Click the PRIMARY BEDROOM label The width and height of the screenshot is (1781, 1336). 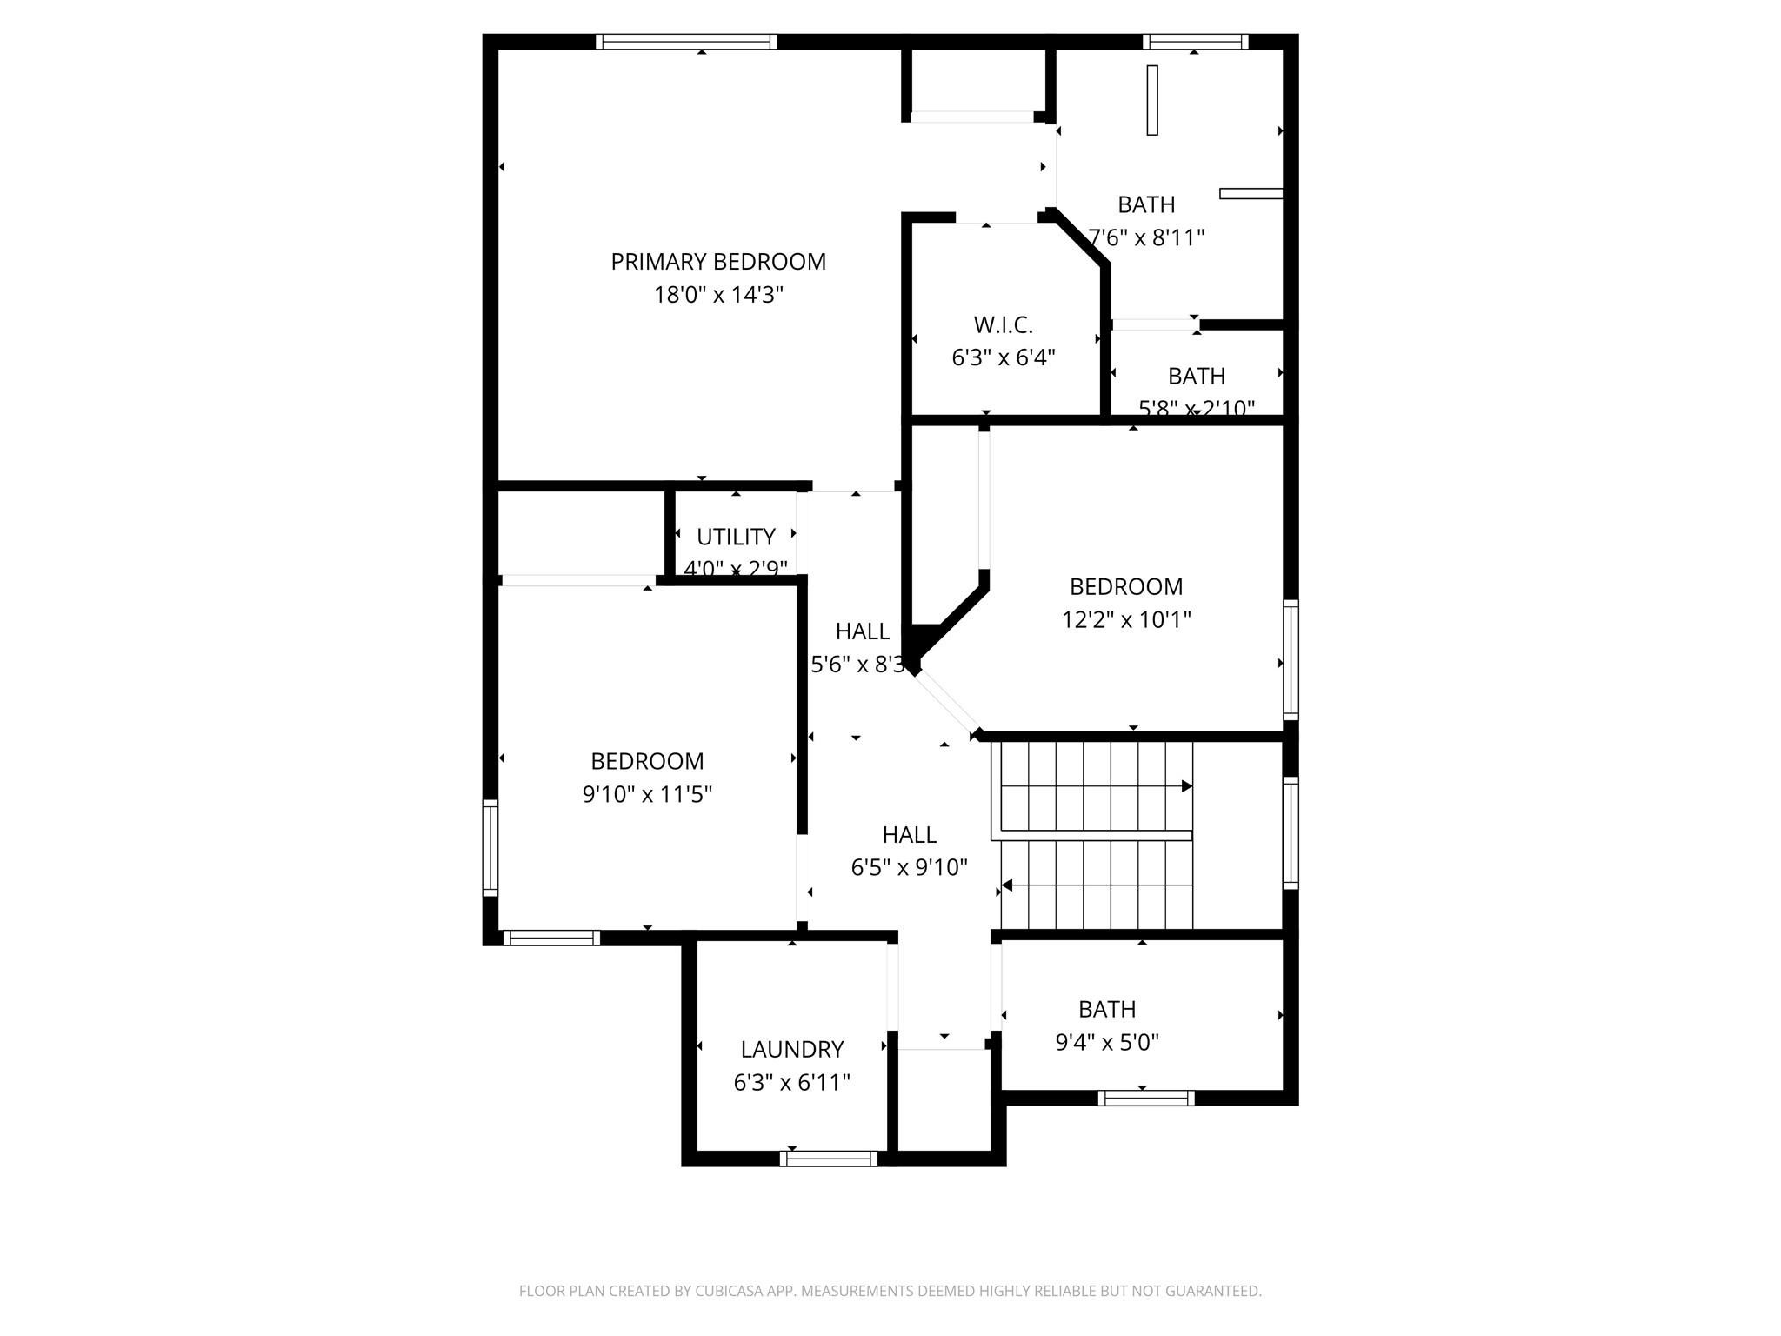(718, 262)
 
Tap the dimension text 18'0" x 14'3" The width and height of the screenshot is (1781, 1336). (718, 295)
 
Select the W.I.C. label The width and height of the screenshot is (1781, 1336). (1003, 325)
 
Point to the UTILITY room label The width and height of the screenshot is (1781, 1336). (736, 537)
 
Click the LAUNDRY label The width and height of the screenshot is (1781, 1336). (791, 1050)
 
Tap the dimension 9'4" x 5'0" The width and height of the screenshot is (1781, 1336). (1107, 1042)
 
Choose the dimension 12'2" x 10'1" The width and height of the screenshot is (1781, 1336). (1126, 620)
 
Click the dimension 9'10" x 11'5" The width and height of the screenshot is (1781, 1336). (647, 795)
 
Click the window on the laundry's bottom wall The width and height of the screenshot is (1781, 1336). (829, 1159)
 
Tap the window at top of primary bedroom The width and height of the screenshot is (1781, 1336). (686, 42)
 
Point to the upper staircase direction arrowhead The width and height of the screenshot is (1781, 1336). (1186, 786)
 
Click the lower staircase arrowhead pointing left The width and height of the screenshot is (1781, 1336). (1007, 886)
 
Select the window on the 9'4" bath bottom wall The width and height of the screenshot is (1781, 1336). (1145, 1098)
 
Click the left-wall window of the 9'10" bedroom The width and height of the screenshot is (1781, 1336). (490, 848)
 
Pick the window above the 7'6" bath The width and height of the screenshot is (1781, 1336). (1195, 42)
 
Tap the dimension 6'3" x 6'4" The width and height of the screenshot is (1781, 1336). (1003, 358)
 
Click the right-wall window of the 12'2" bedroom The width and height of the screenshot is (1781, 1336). (1291, 659)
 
